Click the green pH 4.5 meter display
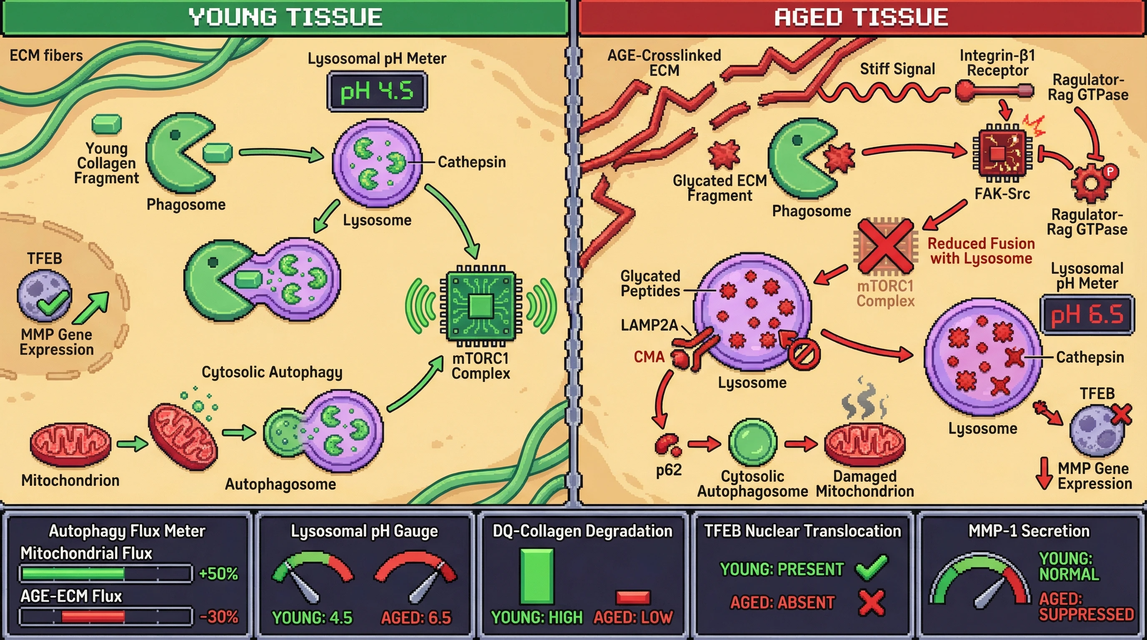pos(377,92)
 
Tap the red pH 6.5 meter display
pos(1087,315)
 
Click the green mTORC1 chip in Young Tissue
pos(481,306)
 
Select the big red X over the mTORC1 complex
pos(885,246)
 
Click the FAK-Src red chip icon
pos(1002,154)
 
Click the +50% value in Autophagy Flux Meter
pos(218,573)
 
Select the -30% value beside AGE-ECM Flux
pos(218,617)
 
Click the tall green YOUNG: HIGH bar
pos(536,576)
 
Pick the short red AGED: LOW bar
pos(633,597)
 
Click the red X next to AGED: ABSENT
pos(871,602)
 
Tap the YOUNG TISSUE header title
pos(285,17)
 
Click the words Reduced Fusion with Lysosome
pos(981,250)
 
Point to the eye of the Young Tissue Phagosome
pos(175,135)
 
